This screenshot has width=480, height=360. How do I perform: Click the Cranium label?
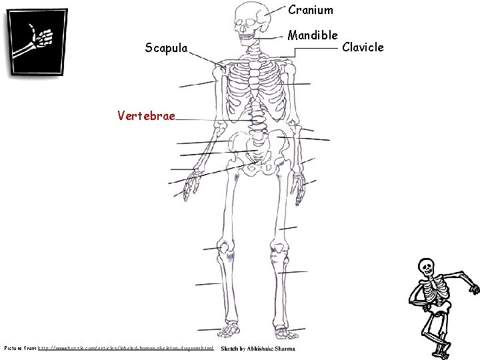(x=310, y=10)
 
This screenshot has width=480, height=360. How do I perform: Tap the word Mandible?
(x=313, y=34)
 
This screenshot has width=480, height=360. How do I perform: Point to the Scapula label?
(x=166, y=47)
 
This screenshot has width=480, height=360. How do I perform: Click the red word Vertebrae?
(x=146, y=116)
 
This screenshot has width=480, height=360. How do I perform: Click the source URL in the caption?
(x=126, y=348)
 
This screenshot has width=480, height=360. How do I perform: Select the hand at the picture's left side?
(x=193, y=183)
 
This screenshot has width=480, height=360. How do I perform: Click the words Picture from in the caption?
(x=20, y=348)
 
